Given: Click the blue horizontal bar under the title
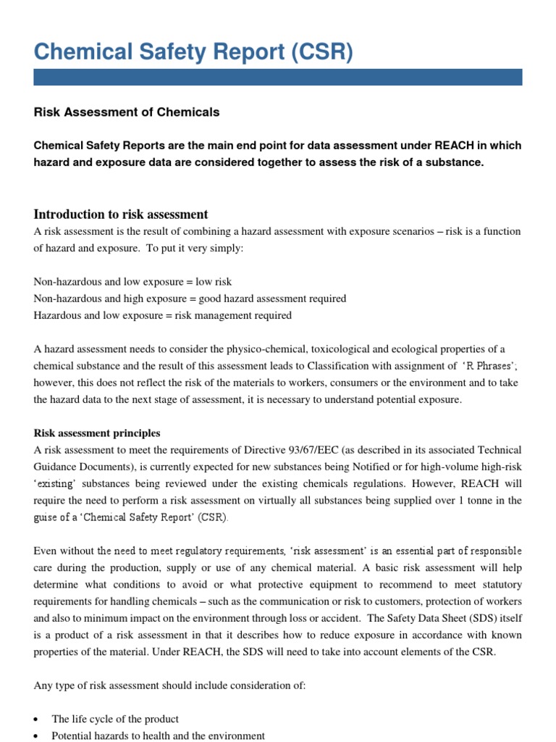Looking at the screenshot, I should (278, 78).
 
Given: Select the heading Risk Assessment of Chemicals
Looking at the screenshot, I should (127, 112).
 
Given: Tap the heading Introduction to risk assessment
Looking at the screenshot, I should (121, 214).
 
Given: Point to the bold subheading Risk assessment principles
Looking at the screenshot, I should (97, 433).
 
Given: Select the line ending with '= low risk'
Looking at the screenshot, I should (133, 281).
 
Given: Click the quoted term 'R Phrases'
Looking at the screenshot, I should (486, 366).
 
